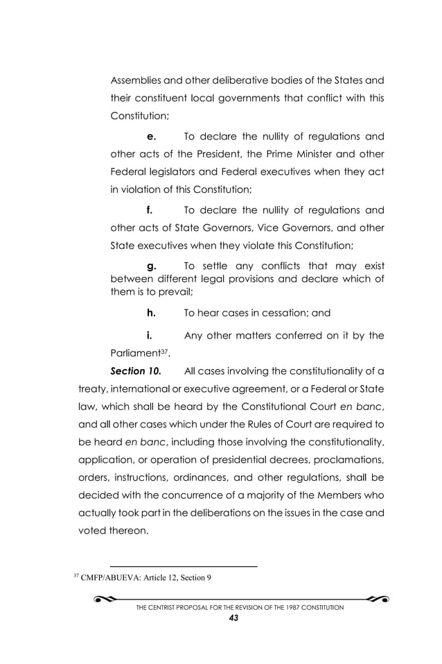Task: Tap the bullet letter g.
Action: pos(152,265)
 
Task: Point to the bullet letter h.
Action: pos(151,312)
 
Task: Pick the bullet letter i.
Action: pos(149,337)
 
